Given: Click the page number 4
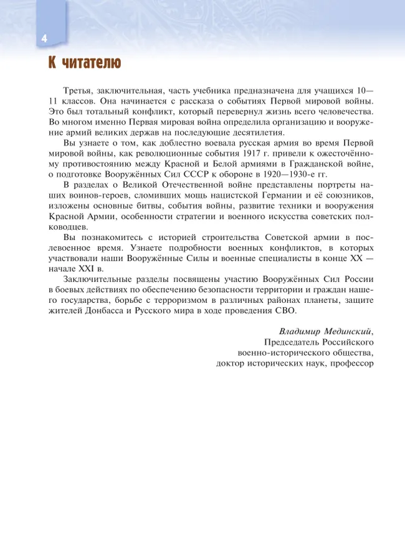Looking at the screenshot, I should pyautogui.click(x=44, y=39).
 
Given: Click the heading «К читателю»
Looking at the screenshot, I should pyautogui.click(x=81, y=63).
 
